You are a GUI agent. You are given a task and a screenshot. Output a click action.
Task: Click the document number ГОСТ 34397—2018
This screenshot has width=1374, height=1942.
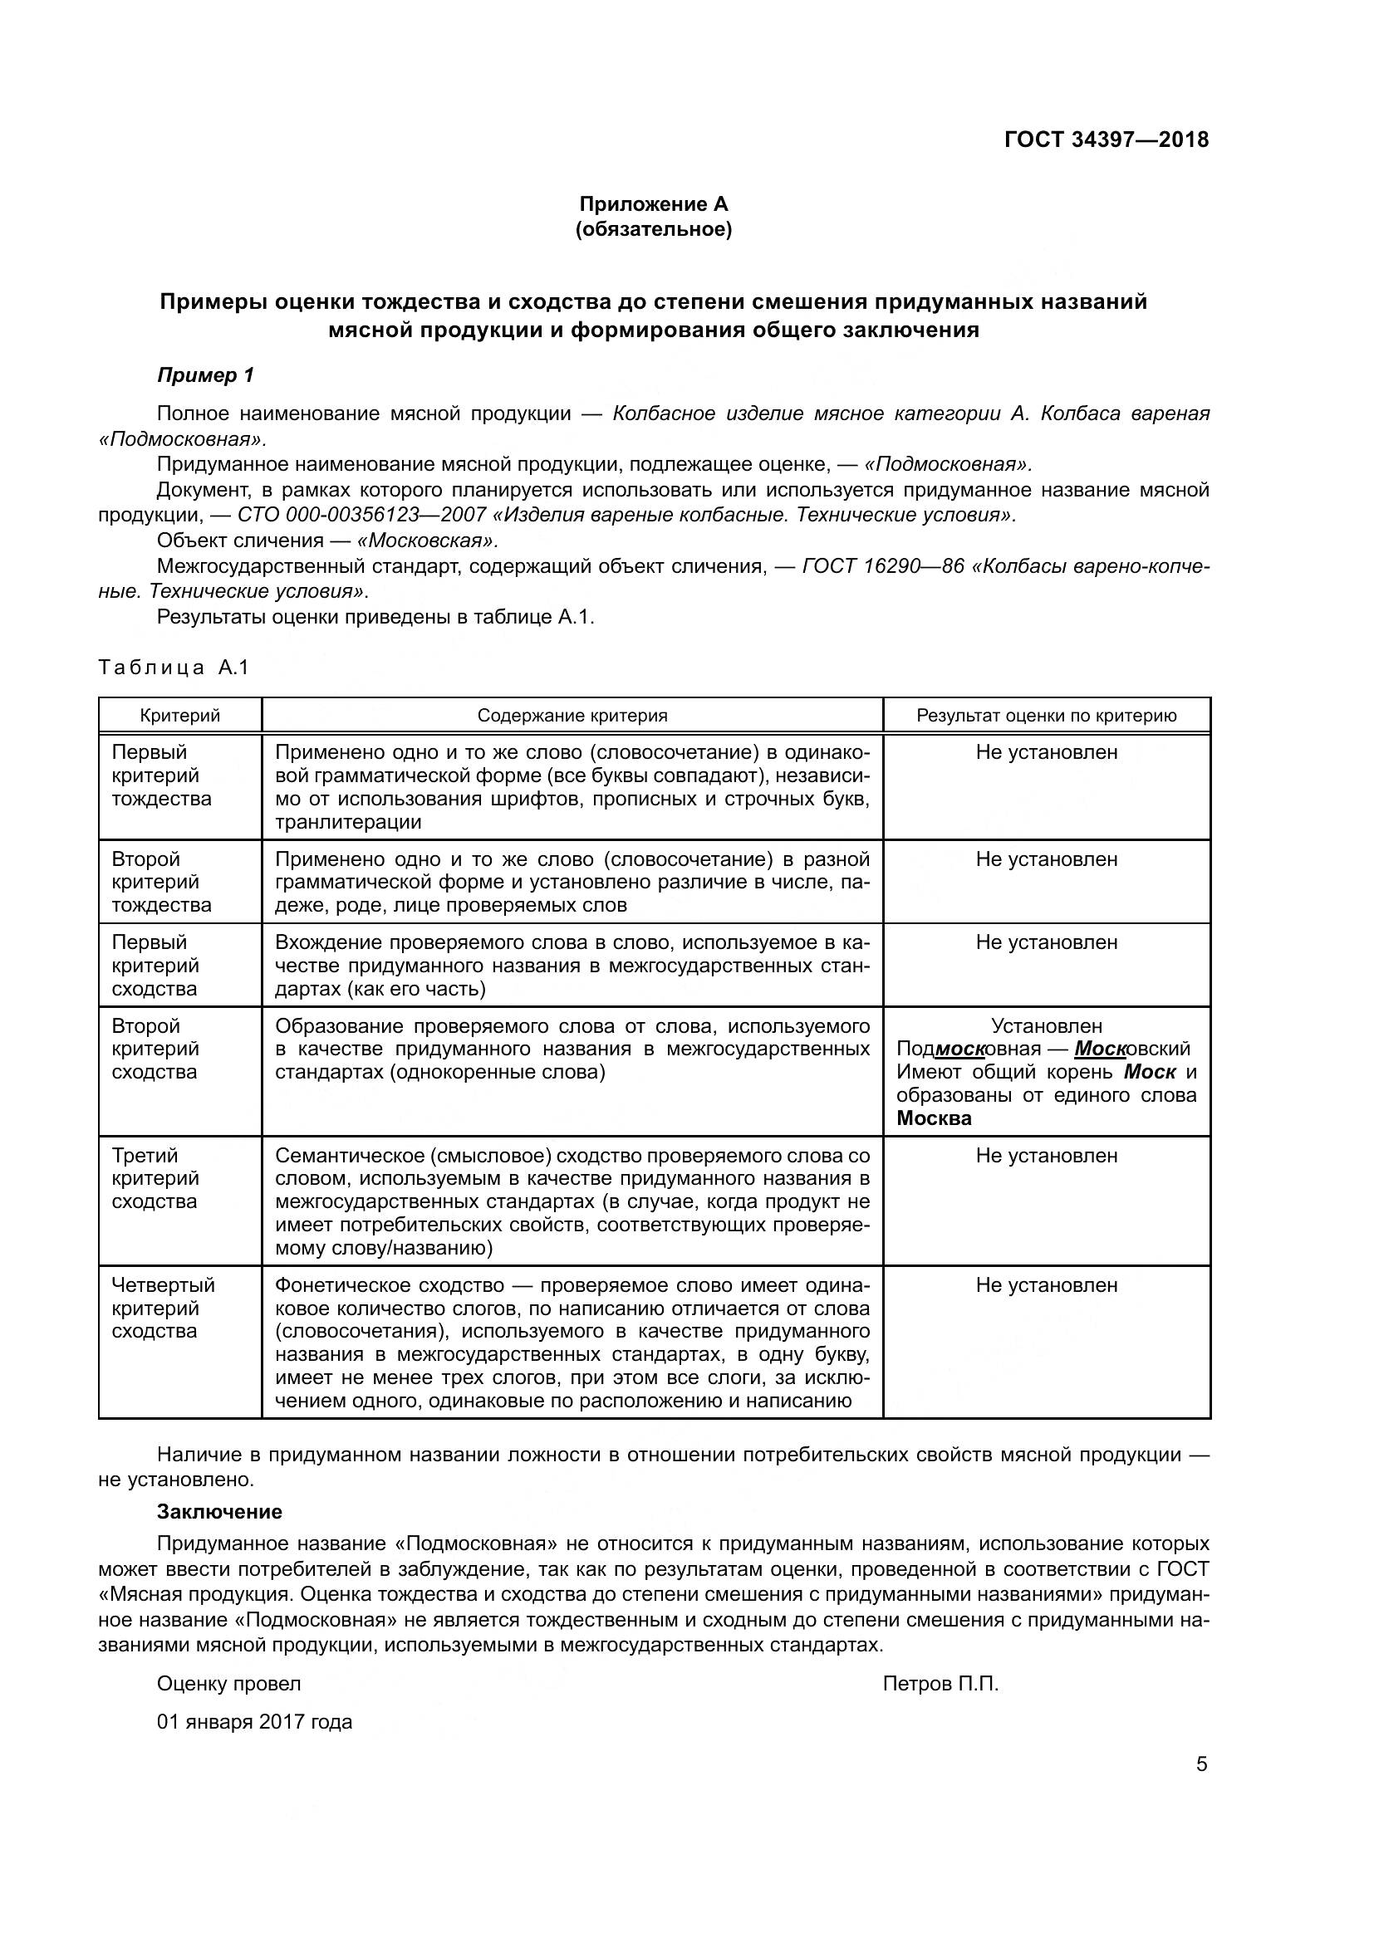(x=1106, y=139)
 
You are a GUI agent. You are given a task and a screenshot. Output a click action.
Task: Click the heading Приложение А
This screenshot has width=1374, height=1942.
(x=653, y=204)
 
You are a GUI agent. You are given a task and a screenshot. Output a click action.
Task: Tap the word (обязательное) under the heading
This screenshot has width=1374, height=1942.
(x=653, y=229)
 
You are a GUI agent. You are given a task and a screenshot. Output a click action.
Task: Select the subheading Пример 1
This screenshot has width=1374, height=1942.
(x=205, y=375)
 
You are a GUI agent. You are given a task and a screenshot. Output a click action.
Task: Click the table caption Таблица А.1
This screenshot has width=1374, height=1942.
(x=174, y=668)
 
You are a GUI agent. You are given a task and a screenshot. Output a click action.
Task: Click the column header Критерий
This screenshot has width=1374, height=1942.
(x=179, y=716)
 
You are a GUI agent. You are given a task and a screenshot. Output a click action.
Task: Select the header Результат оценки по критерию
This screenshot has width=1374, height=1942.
(x=1047, y=716)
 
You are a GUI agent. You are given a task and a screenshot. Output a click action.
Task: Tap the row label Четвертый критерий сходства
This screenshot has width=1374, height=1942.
(x=163, y=1308)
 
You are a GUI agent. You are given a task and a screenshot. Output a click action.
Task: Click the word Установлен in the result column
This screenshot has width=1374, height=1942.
(x=1047, y=1026)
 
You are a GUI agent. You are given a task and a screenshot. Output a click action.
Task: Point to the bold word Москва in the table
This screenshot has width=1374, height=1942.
(x=933, y=1118)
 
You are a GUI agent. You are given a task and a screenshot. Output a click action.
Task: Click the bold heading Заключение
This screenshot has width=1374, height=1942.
(x=219, y=1511)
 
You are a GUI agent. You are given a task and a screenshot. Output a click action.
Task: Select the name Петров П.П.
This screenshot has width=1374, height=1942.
(x=940, y=1684)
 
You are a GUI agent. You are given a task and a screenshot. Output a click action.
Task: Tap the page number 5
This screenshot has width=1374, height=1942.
(x=1201, y=1764)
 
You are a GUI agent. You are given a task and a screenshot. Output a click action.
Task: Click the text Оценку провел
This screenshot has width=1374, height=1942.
(x=228, y=1684)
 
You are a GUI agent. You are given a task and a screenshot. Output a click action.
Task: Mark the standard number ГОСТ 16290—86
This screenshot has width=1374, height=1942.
(x=882, y=566)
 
